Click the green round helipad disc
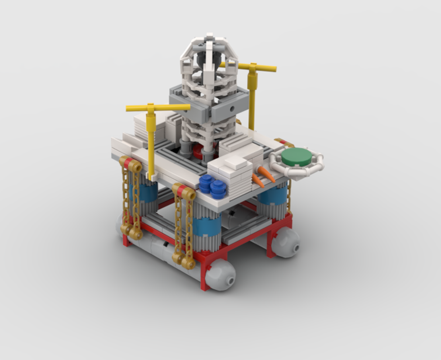pyautogui.click(x=296, y=157)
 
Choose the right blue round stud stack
pyautogui.click(x=219, y=189)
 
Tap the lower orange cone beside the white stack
pyautogui.click(x=258, y=181)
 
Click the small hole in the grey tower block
pyautogui.click(x=231, y=109)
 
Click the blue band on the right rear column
pyautogui.click(x=273, y=196)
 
